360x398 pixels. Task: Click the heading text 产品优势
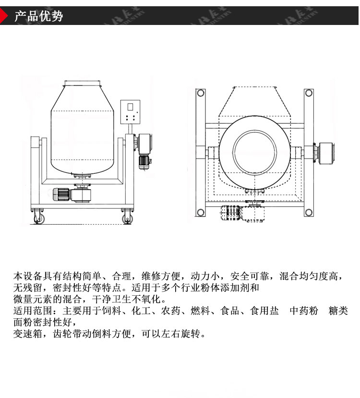click(39, 16)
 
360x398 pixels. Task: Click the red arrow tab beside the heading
click(5, 16)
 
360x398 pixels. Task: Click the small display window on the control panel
click(130, 107)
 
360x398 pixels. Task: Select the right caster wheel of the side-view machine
click(127, 218)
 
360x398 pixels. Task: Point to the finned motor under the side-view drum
click(61, 194)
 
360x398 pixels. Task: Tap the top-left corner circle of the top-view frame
click(200, 93)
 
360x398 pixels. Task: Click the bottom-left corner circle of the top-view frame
click(200, 212)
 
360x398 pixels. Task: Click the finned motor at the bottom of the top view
click(231, 212)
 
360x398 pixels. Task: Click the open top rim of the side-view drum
click(83, 82)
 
